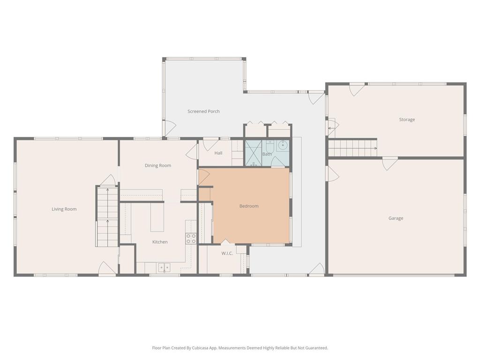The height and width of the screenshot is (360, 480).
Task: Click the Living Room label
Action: pyautogui.click(x=64, y=209)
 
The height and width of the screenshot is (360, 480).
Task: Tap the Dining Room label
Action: pyautogui.click(x=158, y=165)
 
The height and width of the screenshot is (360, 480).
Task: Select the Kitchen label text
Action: pyautogui.click(x=160, y=242)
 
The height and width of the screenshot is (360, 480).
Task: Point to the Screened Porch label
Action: pyautogui.click(x=203, y=112)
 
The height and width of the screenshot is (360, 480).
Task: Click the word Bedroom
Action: pyautogui.click(x=249, y=206)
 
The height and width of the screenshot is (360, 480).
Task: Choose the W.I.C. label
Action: pyautogui.click(x=227, y=253)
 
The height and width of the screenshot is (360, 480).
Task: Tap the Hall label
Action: pyautogui.click(x=218, y=153)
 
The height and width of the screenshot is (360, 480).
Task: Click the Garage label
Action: pyautogui.click(x=396, y=218)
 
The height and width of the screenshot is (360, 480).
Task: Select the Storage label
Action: pyautogui.click(x=407, y=120)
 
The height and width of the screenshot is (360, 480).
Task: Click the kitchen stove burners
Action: pyautogui.click(x=191, y=239)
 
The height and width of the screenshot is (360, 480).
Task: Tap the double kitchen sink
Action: pyautogui.click(x=165, y=268)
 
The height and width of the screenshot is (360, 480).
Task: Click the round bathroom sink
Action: pyautogui.click(x=282, y=145)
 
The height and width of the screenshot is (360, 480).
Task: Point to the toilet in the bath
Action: pyautogui.click(x=270, y=146)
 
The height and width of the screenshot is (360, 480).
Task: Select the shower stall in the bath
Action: pyautogui.click(x=254, y=153)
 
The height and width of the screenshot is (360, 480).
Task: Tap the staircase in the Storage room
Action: pyautogui.click(x=352, y=148)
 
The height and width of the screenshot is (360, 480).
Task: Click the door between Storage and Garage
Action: pyautogui.click(x=390, y=163)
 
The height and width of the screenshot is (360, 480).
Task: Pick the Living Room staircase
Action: pyautogui.click(x=107, y=216)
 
